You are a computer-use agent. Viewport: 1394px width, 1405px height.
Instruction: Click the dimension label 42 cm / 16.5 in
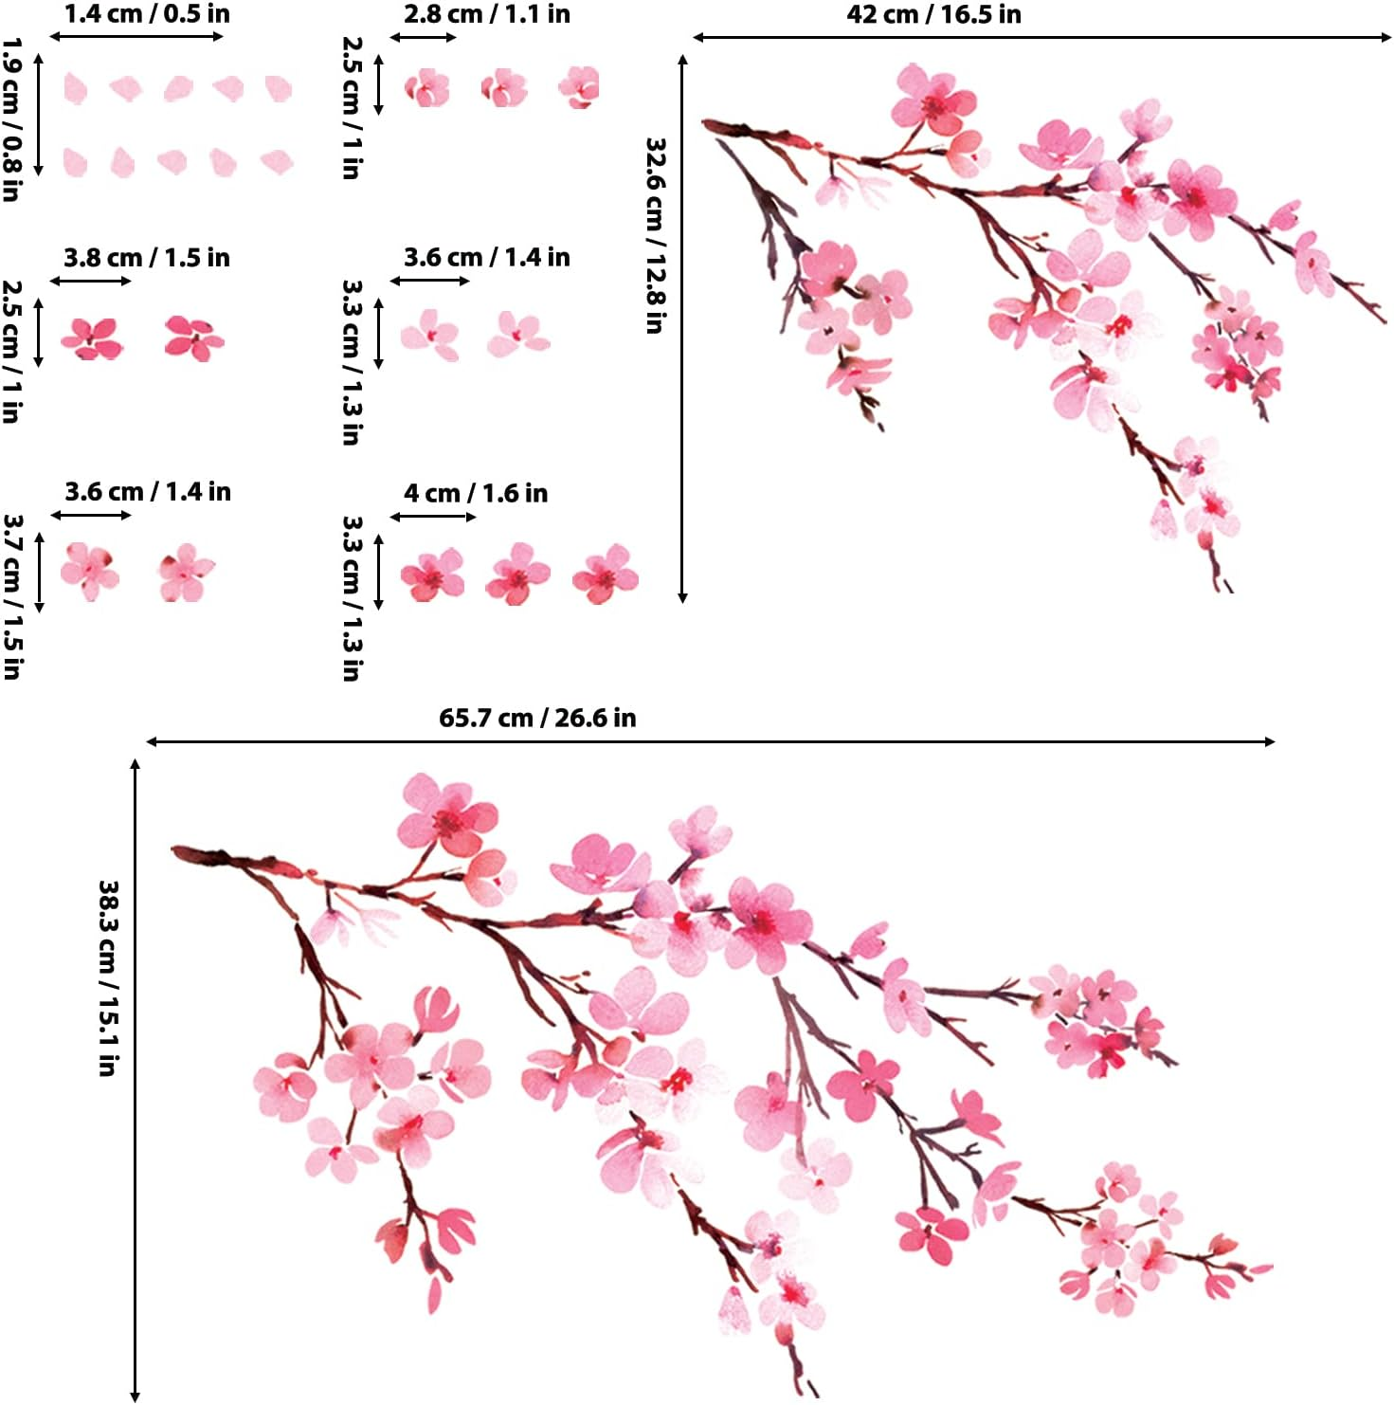coord(933,14)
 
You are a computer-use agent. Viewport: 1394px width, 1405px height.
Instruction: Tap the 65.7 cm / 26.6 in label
coord(537,718)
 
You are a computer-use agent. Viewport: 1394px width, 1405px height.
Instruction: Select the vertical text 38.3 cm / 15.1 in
coord(107,977)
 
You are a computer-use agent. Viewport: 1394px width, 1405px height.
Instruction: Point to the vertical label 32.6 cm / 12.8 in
coord(654,235)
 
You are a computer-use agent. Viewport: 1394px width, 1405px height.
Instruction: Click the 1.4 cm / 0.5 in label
coord(147,14)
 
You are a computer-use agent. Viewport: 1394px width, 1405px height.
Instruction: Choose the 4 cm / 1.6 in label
coord(476,493)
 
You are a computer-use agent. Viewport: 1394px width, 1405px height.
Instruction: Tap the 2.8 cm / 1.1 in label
coord(487,14)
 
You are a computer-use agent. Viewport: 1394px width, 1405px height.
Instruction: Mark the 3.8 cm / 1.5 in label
coord(147,258)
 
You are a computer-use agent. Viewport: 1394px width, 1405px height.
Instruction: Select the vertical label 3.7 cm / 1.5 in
coord(12,596)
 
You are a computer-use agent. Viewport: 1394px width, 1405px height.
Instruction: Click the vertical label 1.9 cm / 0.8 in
coord(10,119)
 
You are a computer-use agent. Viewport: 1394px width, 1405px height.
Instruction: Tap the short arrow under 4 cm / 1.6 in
coord(433,517)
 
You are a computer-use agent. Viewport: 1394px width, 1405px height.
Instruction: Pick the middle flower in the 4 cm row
coord(517,575)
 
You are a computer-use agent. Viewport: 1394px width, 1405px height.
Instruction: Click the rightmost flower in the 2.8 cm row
coord(579,87)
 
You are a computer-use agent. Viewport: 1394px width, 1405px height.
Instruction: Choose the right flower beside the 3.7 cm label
coord(186,573)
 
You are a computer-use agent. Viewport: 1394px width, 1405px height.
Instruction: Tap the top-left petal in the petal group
coord(75,89)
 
